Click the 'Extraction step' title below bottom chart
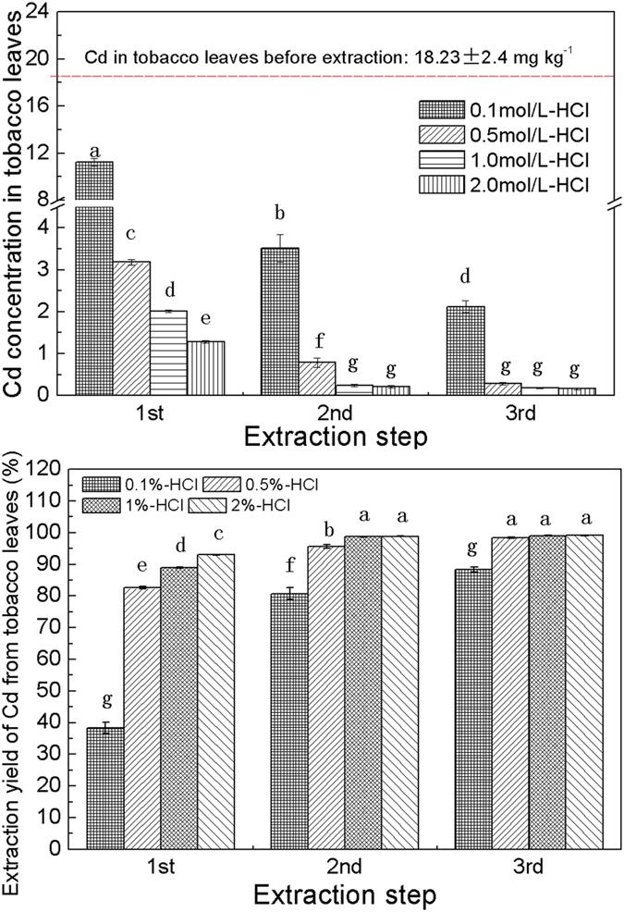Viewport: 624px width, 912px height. pos(344,894)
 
